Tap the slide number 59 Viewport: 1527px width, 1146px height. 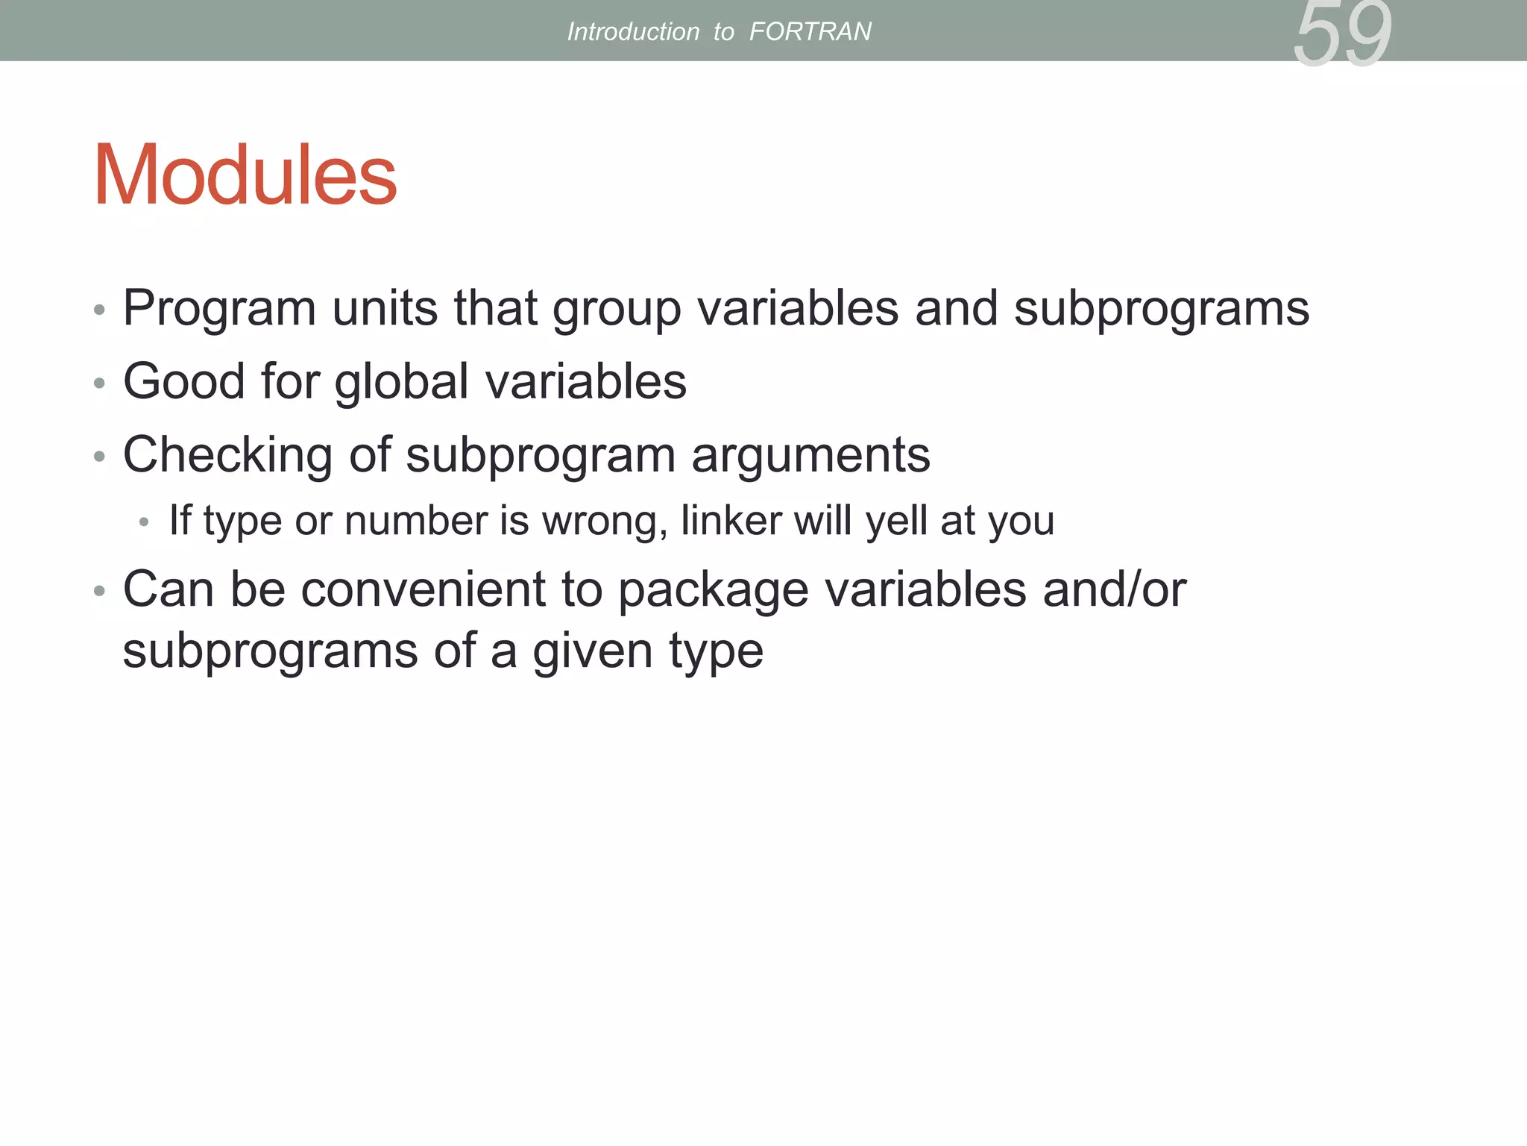pos(1342,34)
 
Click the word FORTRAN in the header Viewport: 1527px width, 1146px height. pos(810,31)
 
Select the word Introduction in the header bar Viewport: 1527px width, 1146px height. pos(633,31)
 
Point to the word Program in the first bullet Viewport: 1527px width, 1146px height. pos(219,309)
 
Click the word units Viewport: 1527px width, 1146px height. pos(385,307)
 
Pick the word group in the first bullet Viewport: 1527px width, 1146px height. pos(617,309)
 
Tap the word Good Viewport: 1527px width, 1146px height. pos(184,381)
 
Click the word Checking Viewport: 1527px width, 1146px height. pos(227,455)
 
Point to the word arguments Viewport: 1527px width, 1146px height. pos(810,455)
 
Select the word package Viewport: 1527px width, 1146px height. pos(713,590)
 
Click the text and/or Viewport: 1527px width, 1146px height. pos(1114,589)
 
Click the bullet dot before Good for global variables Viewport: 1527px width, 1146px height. pos(99,383)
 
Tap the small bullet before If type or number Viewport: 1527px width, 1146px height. pos(144,522)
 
